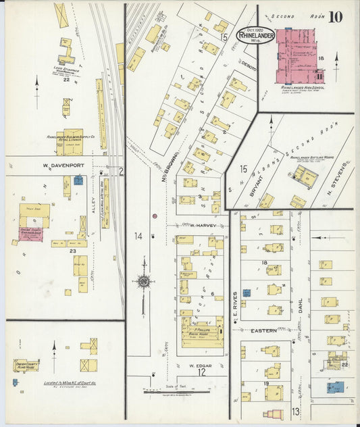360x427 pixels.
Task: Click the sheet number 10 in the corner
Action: click(335, 16)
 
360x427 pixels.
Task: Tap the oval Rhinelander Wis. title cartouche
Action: click(255, 36)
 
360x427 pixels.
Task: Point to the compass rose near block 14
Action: click(143, 280)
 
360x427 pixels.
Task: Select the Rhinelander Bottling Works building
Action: click(305, 177)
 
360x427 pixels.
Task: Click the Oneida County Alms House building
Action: click(26, 366)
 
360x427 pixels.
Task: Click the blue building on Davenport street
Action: click(78, 180)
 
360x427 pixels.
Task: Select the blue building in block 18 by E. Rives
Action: click(247, 293)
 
